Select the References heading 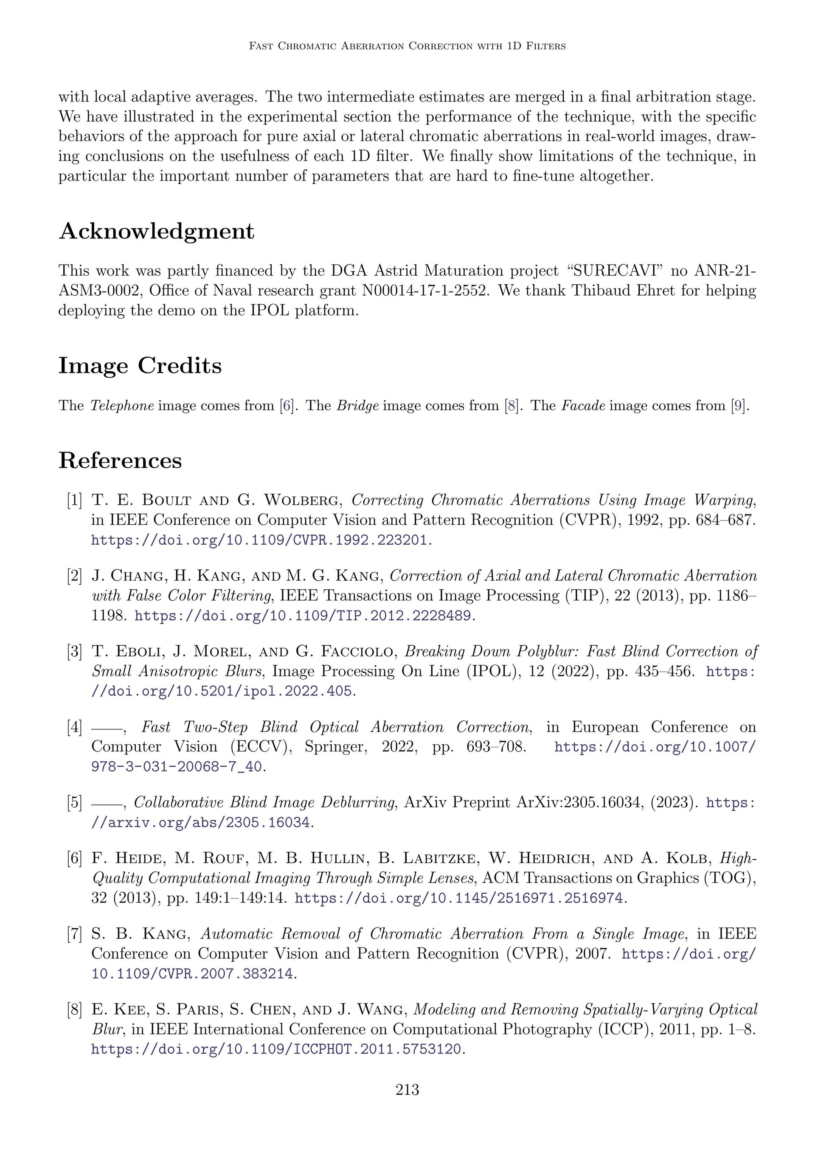point(120,461)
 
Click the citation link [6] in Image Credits point(286,405)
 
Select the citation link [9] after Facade point(739,405)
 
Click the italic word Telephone point(122,405)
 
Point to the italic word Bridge point(357,405)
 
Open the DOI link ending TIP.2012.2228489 point(303,616)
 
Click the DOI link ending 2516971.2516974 point(459,898)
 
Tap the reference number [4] point(74,727)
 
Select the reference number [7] point(74,934)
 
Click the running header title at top point(407,46)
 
